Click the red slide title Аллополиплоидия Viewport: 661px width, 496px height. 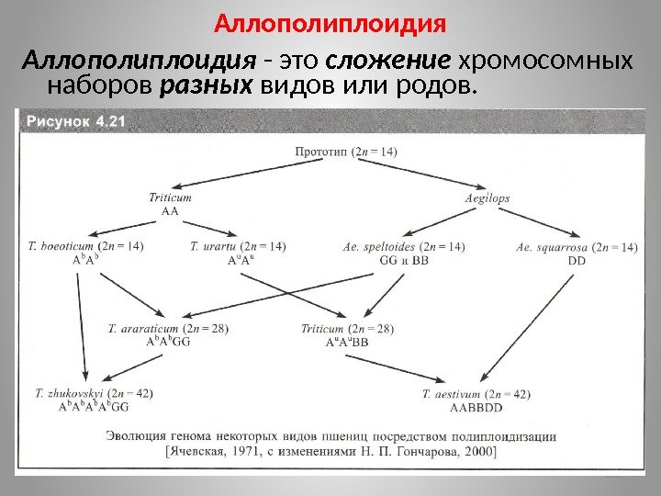coord(330,20)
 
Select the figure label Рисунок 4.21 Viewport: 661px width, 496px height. coord(70,120)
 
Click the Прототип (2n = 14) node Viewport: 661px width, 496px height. coord(346,151)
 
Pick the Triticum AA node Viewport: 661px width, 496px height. coord(170,203)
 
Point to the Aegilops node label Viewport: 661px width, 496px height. coord(487,197)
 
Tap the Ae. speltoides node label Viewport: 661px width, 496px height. coord(403,245)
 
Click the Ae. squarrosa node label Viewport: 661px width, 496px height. coord(577,246)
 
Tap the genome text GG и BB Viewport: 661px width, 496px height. coord(403,260)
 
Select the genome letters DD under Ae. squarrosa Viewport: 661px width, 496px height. coord(577,260)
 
